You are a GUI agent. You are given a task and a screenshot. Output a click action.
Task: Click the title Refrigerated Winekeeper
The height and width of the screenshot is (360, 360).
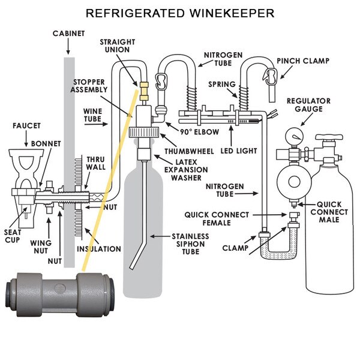180,13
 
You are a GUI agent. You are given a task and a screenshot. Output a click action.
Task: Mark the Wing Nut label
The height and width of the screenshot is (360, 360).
40,247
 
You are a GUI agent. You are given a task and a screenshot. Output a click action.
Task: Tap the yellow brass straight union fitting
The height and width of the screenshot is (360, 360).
144,91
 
